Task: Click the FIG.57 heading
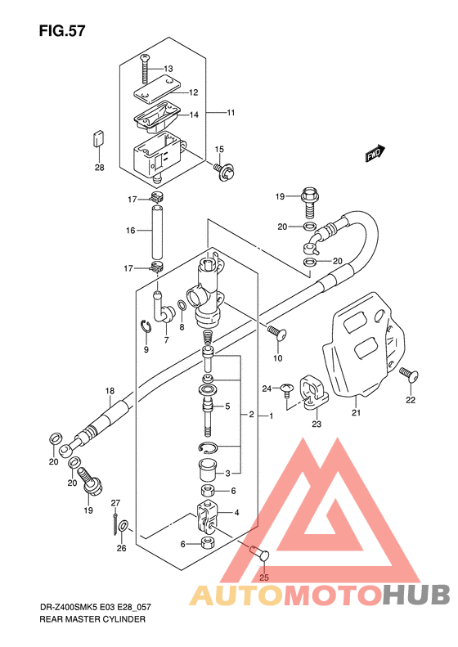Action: pyautogui.click(x=62, y=31)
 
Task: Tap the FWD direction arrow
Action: pyautogui.click(x=375, y=154)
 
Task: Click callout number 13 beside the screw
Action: pyautogui.click(x=168, y=69)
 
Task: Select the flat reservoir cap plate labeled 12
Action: pyautogui.click(x=158, y=88)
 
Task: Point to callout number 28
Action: pyautogui.click(x=100, y=168)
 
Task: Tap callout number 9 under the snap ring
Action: pyautogui.click(x=146, y=350)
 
